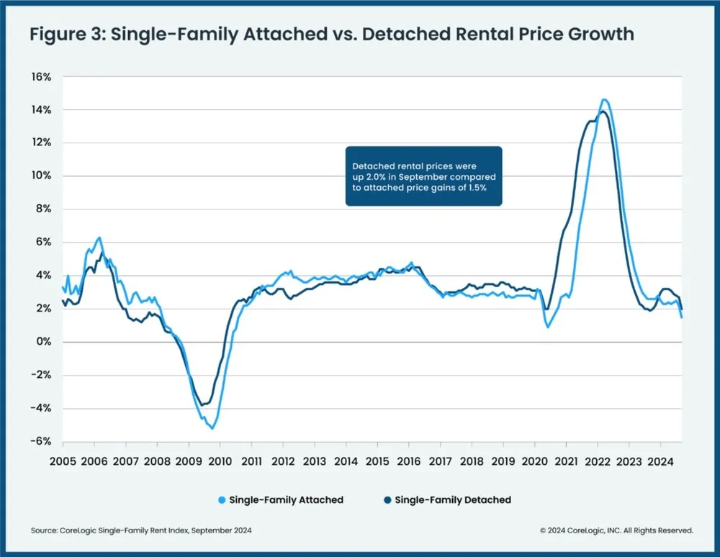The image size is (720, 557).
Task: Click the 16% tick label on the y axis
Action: (x=40, y=77)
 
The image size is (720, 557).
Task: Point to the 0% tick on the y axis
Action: (x=42, y=343)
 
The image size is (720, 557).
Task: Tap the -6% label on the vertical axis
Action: (x=39, y=442)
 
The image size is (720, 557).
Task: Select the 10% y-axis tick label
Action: (x=40, y=176)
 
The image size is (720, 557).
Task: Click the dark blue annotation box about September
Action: (x=423, y=176)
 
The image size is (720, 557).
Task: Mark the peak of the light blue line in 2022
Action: (x=604, y=99)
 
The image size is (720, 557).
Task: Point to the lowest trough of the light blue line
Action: (x=212, y=428)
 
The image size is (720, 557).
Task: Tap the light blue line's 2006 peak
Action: (x=99, y=237)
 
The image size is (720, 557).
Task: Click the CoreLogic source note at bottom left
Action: (x=141, y=530)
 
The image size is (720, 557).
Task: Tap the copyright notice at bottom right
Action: (x=616, y=530)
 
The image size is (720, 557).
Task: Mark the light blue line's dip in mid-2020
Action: (x=548, y=327)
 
